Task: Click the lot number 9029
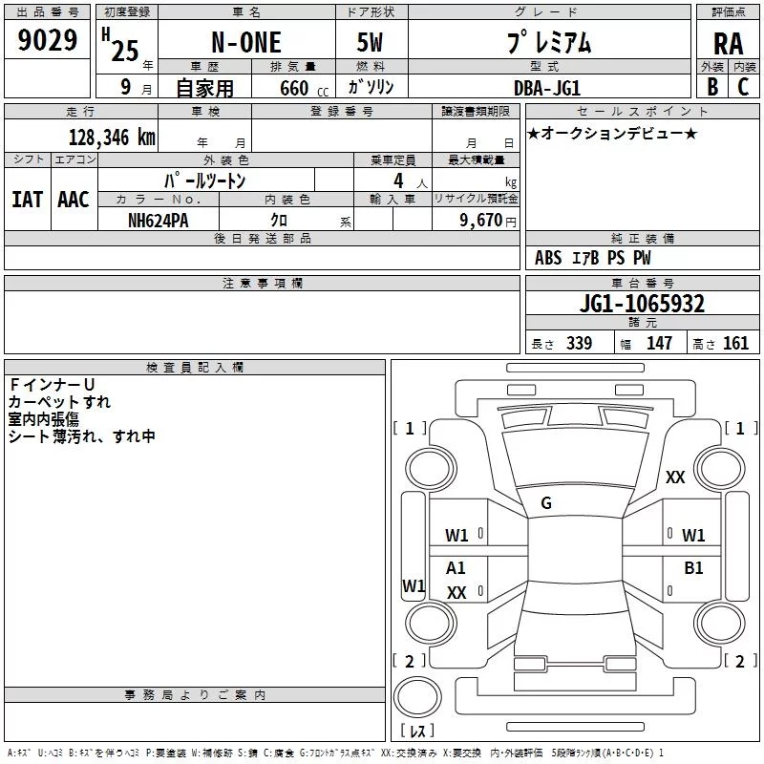click(47, 40)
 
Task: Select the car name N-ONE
click(246, 42)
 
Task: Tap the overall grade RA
click(728, 44)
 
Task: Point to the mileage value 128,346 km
click(112, 138)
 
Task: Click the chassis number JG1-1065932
click(642, 304)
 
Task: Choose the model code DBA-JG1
click(546, 88)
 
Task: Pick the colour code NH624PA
click(158, 221)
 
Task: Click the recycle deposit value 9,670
click(480, 221)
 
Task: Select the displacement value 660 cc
click(304, 89)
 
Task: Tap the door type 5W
click(370, 42)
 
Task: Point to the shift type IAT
click(28, 200)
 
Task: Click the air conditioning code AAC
click(74, 200)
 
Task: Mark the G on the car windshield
click(546, 503)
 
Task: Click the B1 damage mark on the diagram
click(693, 568)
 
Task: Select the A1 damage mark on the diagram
click(456, 568)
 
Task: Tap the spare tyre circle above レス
click(417, 696)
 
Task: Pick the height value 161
click(735, 344)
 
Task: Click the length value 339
click(579, 344)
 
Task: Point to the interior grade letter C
click(743, 87)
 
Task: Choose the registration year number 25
click(125, 51)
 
